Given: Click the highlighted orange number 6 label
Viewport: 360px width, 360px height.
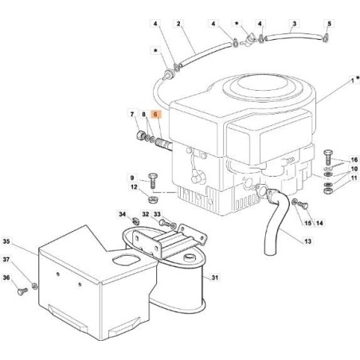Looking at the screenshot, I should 156,115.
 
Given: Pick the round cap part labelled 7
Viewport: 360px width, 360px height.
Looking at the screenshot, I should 137,135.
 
